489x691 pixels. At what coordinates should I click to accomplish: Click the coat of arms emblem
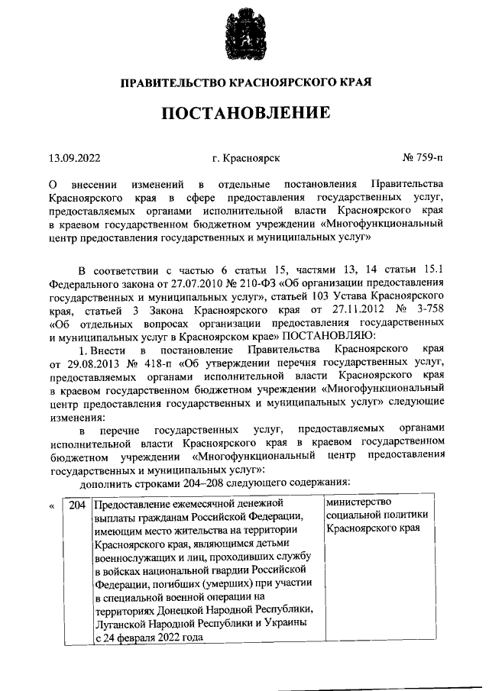point(244,34)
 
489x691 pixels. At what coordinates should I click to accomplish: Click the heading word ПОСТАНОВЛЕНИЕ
point(244,114)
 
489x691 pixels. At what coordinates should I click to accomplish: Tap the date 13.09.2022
point(75,159)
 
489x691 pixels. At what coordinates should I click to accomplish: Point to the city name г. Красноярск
point(247,159)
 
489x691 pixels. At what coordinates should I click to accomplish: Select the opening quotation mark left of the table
point(52,505)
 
